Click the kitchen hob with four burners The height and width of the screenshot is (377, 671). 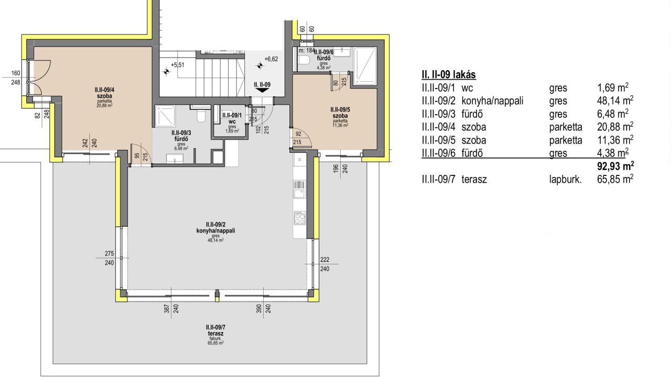click(299, 217)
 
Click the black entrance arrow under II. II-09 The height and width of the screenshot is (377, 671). click(262, 90)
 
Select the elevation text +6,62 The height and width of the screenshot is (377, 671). click(271, 59)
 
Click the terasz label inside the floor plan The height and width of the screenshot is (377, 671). click(215, 334)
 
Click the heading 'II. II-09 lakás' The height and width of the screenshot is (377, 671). click(449, 75)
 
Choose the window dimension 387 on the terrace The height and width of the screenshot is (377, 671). click(167, 310)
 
